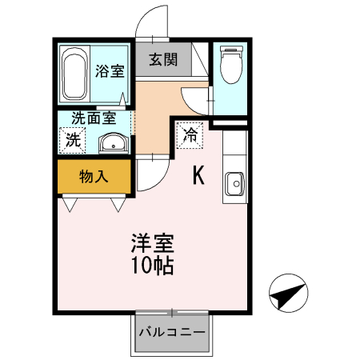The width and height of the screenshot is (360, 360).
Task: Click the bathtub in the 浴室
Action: coord(74,74)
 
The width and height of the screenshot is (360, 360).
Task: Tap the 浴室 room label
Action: coord(110,71)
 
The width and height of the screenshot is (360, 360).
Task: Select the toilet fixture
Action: coord(231,64)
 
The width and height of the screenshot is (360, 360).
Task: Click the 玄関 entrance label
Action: coord(163,59)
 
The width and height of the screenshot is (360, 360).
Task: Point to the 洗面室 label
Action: coord(94,118)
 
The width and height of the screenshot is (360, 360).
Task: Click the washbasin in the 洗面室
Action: coord(114,143)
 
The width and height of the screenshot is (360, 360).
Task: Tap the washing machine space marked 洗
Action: coord(72,140)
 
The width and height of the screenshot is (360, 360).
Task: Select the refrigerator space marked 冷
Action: coord(190,135)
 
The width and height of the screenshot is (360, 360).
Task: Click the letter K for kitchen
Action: coord(198,175)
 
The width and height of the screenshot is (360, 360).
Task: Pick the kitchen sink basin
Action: coord(235,183)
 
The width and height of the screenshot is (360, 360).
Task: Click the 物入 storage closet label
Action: coord(94,177)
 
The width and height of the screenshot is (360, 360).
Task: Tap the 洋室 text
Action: coord(153,243)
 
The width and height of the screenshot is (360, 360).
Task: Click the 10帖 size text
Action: coord(153,266)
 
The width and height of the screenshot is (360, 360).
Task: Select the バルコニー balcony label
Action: coord(172,332)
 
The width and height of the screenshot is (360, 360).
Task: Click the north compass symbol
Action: coord(289,293)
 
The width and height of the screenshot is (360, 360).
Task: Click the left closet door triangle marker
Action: coord(70,205)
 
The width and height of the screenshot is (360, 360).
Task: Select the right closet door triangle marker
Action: coord(118,205)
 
